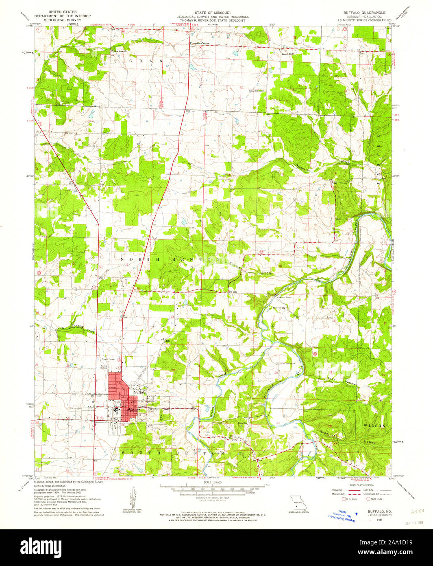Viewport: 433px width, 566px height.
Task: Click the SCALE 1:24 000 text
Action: click(x=212, y=482)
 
